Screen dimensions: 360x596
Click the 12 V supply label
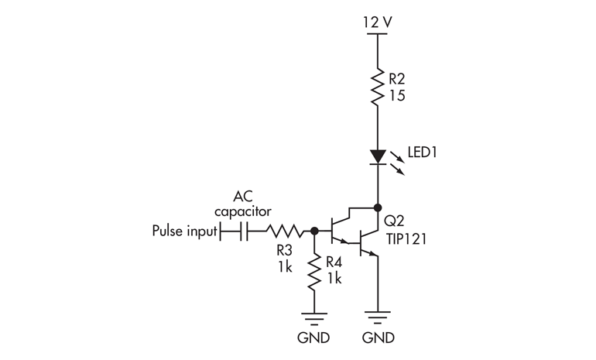click(377, 21)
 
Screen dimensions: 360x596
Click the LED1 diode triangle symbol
click(377, 157)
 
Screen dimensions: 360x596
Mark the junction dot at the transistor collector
click(377, 207)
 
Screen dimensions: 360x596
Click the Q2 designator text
click(394, 219)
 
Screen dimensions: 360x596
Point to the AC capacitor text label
click(242, 204)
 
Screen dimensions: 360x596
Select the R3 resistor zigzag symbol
click(284, 231)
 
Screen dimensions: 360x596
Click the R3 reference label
click(283, 252)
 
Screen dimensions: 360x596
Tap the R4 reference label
click(334, 262)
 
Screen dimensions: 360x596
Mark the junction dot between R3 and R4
click(314, 231)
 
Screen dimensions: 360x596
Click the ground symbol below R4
click(314, 317)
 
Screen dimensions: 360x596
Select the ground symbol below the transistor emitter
click(377, 317)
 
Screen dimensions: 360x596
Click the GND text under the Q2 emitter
click(377, 338)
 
